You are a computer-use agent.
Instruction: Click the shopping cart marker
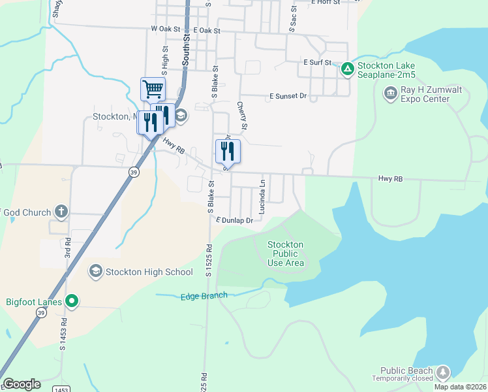(x=153, y=88)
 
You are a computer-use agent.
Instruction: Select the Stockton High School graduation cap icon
(x=96, y=271)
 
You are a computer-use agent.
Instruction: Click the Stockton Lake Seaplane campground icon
(x=348, y=67)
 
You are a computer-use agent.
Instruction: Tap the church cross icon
(x=61, y=212)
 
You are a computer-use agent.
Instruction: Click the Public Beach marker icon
(x=443, y=372)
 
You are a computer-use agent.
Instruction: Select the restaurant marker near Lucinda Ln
(x=228, y=151)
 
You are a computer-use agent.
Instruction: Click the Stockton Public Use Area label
(x=286, y=253)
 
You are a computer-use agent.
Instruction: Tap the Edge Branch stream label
(x=204, y=296)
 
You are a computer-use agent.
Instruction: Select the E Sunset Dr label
(x=288, y=96)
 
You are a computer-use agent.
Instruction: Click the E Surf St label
(x=318, y=62)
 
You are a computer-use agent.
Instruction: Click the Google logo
(x=22, y=384)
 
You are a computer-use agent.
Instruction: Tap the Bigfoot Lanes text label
(x=33, y=302)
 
